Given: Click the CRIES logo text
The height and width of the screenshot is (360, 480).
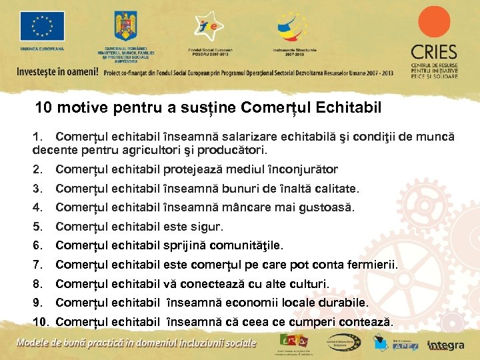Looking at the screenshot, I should click(x=434, y=52).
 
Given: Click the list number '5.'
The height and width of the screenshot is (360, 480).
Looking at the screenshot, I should click(x=37, y=227).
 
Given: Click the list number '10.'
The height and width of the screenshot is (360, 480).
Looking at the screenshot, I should click(x=41, y=323).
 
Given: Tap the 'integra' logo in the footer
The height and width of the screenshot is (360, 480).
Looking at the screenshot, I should click(x=446, y=345).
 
